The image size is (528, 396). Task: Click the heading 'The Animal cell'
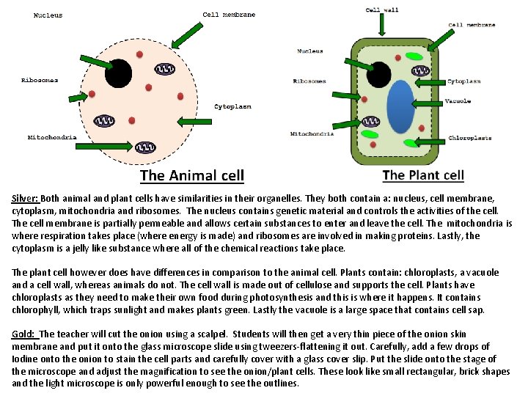coord(192,175)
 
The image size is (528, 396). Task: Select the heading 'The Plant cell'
coord(423,175)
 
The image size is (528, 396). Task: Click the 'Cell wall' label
coord(381,10)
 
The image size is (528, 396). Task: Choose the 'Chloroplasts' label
coord(469,138)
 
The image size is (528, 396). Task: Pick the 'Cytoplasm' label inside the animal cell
coord(232,106)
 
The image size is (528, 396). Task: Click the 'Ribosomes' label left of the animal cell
coord(40,80)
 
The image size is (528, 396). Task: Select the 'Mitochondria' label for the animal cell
coord(52,137)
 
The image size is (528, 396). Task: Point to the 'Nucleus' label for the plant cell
coord(310,51)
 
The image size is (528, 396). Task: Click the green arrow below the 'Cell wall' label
coord(382,26)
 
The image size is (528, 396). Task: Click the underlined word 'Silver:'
coord(25,198)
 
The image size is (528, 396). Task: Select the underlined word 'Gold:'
coord(23,334)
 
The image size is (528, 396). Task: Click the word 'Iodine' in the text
coord(23,359)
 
